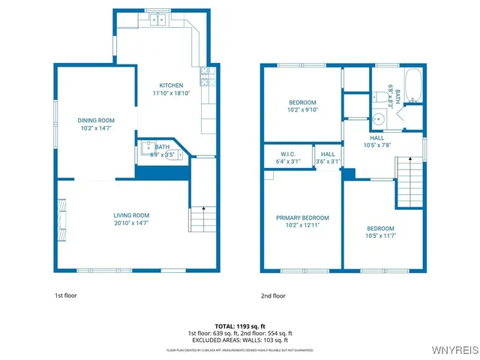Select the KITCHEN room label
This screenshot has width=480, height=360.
tap(171, 85)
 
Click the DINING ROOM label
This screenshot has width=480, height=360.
tap(96, 120)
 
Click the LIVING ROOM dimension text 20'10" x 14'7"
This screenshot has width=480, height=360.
tap(131, 223)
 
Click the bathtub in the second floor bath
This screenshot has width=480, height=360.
tap(413, 86)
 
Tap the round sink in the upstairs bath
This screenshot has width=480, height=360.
tap(379, 118)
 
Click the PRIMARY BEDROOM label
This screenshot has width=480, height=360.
tap(302, 217)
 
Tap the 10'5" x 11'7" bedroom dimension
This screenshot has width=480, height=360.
tap(380, 236)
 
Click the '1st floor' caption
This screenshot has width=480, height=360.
tap(65, 295)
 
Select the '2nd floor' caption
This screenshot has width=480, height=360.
tap(273, 295)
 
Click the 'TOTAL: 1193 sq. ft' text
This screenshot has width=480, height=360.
tap(240, 326)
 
